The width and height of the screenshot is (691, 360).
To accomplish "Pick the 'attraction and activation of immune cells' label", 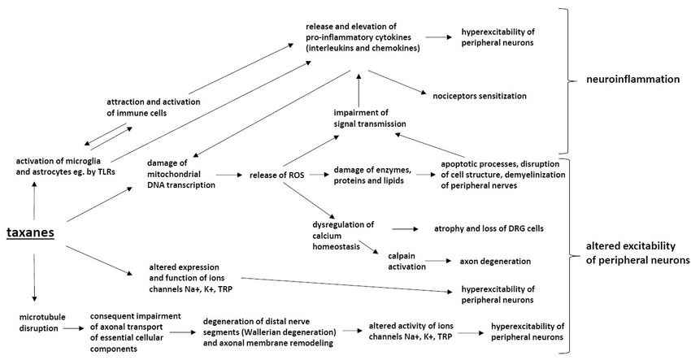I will (x=153, y=107).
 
